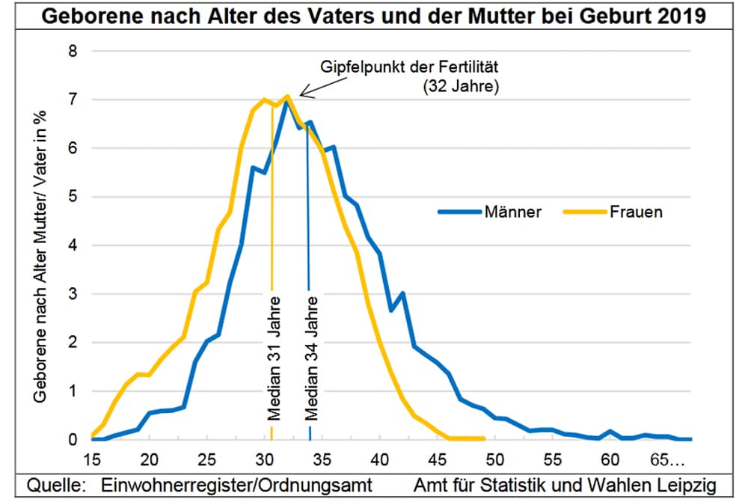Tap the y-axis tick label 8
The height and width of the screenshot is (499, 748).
pyautogui.click(x=73, y=52)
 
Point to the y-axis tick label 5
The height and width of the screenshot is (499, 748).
pyautogui.click(x=73, y=198)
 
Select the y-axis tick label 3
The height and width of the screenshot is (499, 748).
pyautogui.click(x=73, y=294)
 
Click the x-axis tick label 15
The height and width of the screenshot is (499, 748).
pyautogui.click(x=91, y=458)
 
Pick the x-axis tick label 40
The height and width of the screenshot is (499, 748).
pyautogui.click(x=380, y=458)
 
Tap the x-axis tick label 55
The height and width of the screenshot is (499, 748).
pyautogui.click(x=553, y=458)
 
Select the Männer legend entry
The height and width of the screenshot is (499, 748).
pyautogui.click(x=512, y=212)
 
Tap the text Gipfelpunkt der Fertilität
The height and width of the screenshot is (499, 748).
pyautogui.click(x=409, y=66)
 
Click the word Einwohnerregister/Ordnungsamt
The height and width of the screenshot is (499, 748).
pyautogui.click(x=239, y=484)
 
